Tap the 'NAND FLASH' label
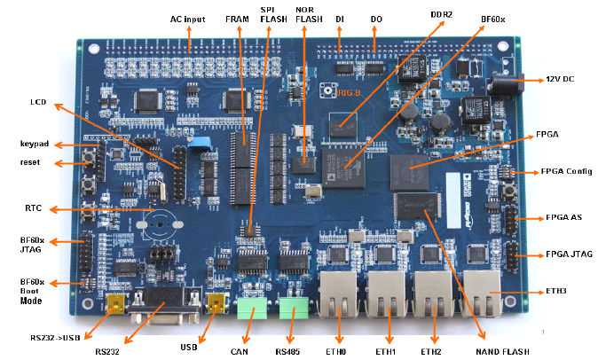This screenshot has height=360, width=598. point(501,351)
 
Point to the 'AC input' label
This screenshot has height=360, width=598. point(189,19)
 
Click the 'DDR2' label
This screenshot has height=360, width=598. point(441,15)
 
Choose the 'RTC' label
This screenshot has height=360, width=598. point(35,209)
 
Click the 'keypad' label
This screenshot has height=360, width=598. point(35,144)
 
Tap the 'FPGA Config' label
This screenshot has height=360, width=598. point(568,171)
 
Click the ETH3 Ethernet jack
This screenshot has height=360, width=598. point(482,293)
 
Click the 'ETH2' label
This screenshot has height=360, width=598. point(431,352)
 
